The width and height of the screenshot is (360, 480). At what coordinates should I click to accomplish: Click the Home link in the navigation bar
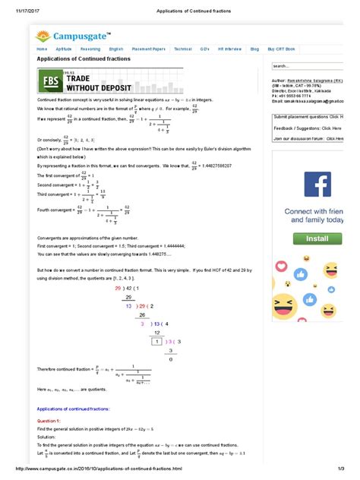[43, 49]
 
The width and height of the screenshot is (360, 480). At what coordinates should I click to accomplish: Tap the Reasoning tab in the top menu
[89, 49]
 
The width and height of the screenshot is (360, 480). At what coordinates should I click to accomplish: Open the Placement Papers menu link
[149, 49]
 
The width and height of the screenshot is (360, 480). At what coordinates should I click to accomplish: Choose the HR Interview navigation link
[230, 49]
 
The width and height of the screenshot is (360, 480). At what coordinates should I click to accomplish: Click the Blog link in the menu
[254, 49]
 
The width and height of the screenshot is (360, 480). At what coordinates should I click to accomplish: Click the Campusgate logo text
[80, 35]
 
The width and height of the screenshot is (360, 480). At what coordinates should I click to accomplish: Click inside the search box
[304, 66]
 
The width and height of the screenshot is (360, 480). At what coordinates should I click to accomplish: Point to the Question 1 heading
[49, 419]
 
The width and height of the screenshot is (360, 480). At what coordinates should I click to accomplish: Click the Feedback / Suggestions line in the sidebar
[307, 128]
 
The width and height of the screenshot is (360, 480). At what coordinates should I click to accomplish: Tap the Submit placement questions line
[307, 118]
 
